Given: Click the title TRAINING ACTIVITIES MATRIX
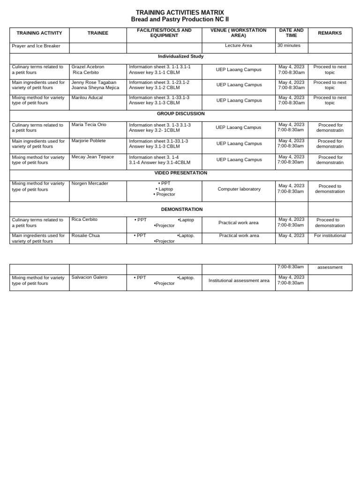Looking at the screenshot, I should click(180, 13).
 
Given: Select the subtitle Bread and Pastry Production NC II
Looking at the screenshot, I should click(180, 20).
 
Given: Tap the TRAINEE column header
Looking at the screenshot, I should click(97, 33).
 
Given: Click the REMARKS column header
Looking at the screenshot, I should click(330, 33).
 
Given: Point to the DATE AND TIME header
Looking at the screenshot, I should click(291, 33).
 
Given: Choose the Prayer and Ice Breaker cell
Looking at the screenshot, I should click(36, 46).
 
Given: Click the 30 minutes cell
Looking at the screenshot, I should click(289, 45).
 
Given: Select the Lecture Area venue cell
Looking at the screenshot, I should click(238, 45).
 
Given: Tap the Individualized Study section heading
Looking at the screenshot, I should click(180, 56).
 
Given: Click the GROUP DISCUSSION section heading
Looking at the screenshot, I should click(180, 114).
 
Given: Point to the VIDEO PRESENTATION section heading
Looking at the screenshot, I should click(180, 173).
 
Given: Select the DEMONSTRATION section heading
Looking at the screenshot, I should click(182, 210).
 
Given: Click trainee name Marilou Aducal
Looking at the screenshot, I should click(87, 97).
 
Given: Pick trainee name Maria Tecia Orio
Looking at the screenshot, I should click(89, 124).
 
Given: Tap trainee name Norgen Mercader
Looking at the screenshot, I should click(90, 183).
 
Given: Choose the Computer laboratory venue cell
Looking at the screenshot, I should click(239, 189).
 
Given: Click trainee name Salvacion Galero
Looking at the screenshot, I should click(89, 277).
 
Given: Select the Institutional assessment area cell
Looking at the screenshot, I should click(239, 280).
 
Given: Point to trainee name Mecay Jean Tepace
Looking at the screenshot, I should click(92, 157).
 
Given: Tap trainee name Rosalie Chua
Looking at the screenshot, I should click(85, 235).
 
